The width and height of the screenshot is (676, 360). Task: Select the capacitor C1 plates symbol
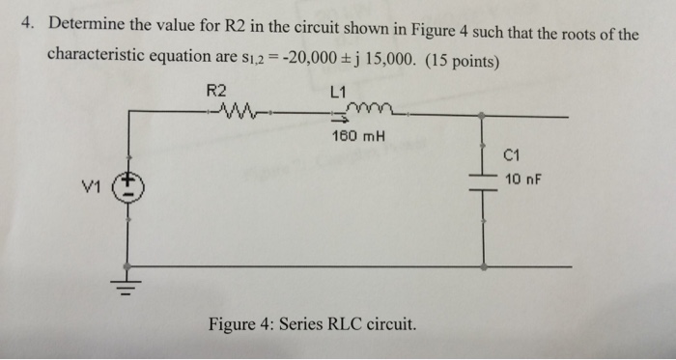click(483, 180)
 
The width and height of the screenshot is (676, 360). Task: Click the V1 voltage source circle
click(128, 188)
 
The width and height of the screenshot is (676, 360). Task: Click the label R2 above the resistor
click(217, 92)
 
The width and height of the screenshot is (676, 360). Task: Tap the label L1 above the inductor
click(337, 93)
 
